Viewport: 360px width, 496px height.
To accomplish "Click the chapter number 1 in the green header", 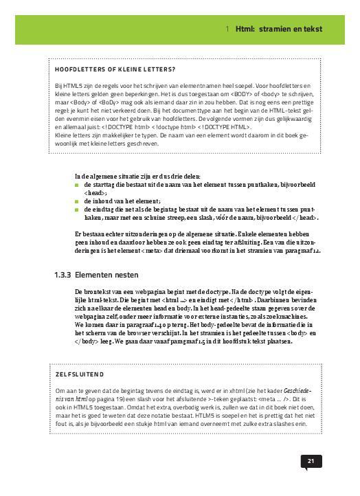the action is pos(227,29).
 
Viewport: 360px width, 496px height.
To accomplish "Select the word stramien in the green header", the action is pos(279,29).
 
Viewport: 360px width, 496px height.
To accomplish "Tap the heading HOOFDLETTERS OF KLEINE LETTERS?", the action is pos(115,69).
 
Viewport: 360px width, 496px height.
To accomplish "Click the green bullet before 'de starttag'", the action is pos(77,185).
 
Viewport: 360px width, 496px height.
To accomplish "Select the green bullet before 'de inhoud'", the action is pos(77,201).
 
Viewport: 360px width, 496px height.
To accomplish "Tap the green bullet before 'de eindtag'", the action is pos(77,210).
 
